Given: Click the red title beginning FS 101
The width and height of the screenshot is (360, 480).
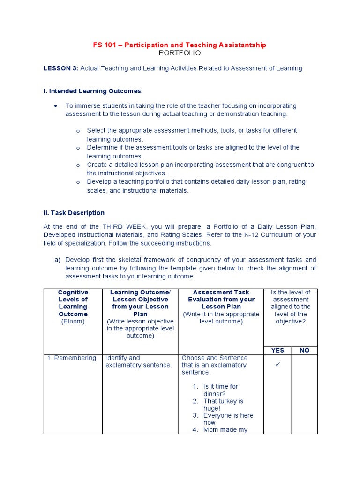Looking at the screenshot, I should [180, 45].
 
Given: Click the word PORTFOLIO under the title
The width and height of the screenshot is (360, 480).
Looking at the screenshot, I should [180, 53].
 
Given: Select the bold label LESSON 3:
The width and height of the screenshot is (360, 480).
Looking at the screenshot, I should [61, 68].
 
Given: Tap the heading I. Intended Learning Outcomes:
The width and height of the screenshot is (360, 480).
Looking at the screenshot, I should [93, 91].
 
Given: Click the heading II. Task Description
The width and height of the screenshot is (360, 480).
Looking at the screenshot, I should [74, 213].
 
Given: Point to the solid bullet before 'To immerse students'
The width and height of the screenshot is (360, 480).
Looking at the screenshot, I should [56, 106].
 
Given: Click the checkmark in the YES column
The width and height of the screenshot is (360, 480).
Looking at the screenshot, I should [277, 365].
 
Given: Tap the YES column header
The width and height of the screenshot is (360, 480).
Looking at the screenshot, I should [277, 350].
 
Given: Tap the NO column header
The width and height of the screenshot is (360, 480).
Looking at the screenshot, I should [304, 350].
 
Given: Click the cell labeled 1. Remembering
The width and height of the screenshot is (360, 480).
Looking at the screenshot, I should [72, 358].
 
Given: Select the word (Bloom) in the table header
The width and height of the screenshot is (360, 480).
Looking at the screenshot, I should [73, 322].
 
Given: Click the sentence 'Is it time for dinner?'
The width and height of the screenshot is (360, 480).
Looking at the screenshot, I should [220, 390].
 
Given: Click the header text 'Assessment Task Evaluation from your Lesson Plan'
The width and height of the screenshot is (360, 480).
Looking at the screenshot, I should [221, 300].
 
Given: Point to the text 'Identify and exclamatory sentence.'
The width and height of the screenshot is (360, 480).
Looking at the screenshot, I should [138, 361].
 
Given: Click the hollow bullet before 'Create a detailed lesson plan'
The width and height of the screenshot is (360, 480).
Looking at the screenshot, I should [78, 165].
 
